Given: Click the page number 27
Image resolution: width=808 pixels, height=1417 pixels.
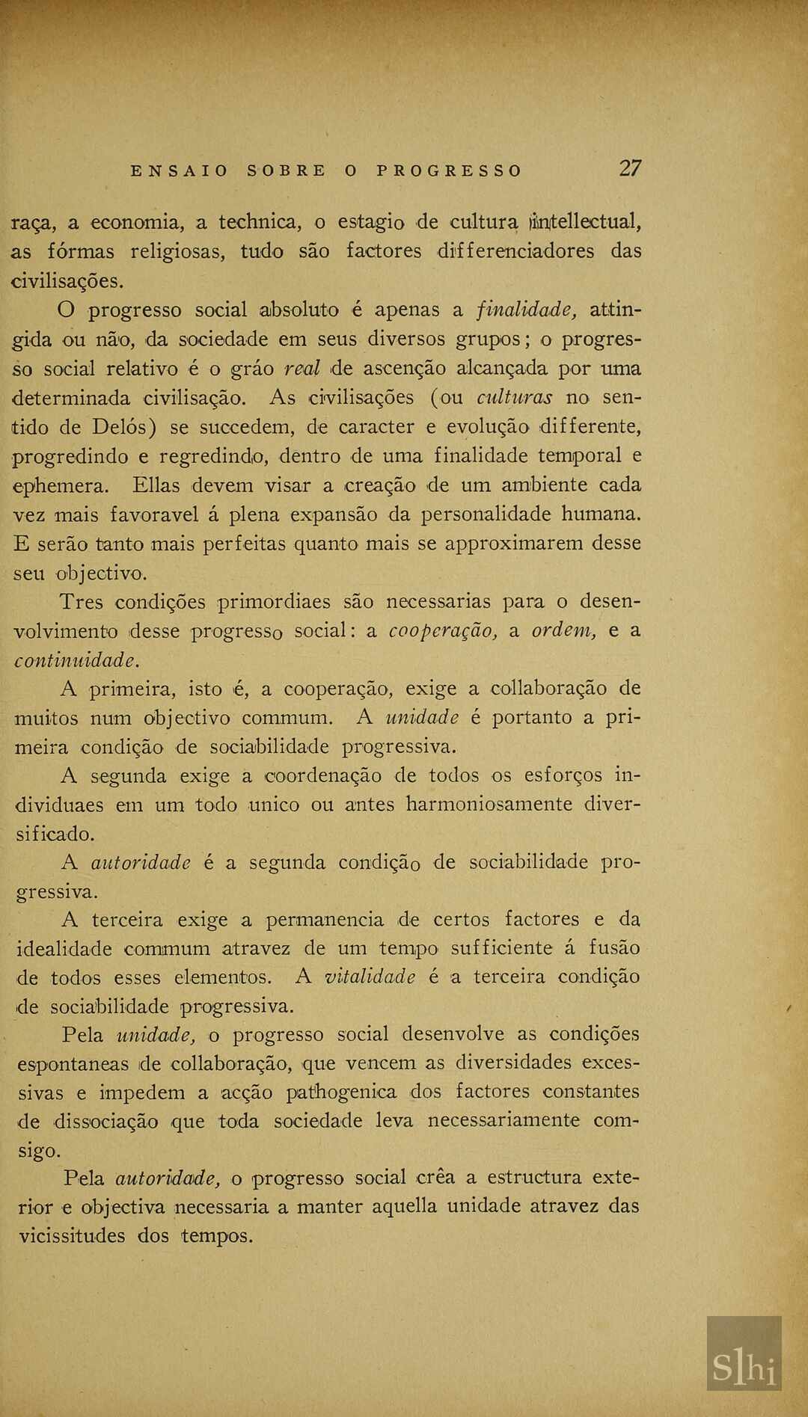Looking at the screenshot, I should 629,168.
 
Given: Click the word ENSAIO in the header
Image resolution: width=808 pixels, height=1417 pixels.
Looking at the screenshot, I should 180,170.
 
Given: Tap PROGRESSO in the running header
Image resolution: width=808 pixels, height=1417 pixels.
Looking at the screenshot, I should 449,170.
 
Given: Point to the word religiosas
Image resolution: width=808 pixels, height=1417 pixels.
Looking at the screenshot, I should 177,251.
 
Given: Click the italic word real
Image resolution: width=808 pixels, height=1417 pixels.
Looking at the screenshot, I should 302,368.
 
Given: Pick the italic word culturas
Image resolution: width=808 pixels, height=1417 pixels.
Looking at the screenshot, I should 515,397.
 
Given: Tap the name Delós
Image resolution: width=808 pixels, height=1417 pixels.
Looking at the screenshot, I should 124,426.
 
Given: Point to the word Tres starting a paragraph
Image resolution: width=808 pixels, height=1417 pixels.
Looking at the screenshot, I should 81,602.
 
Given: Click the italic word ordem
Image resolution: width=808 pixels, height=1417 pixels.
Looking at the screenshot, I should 563,630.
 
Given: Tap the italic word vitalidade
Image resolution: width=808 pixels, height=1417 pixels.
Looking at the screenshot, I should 370,977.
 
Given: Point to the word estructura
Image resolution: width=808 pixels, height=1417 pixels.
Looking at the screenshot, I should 534,1178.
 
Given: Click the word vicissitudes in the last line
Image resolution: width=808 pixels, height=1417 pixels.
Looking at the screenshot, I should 72,1235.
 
